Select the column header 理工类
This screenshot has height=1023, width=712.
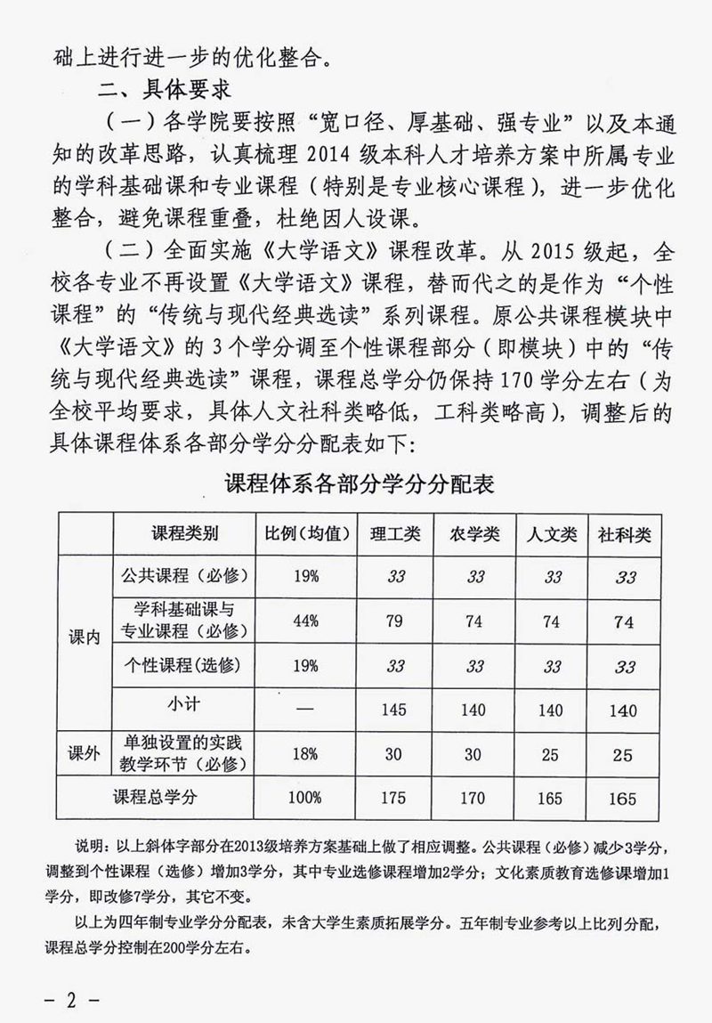pos(395,534)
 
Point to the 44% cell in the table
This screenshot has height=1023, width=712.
pos(305,621)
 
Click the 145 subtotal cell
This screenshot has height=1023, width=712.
pos(394,710)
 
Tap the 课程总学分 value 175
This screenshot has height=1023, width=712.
pos(394,798)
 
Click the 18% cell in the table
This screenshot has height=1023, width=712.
pos(305,754)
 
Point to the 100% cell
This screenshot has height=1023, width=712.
pos(305,798)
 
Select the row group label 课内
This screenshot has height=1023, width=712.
pos(85,639)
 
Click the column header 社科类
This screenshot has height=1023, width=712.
pos(626,534)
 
